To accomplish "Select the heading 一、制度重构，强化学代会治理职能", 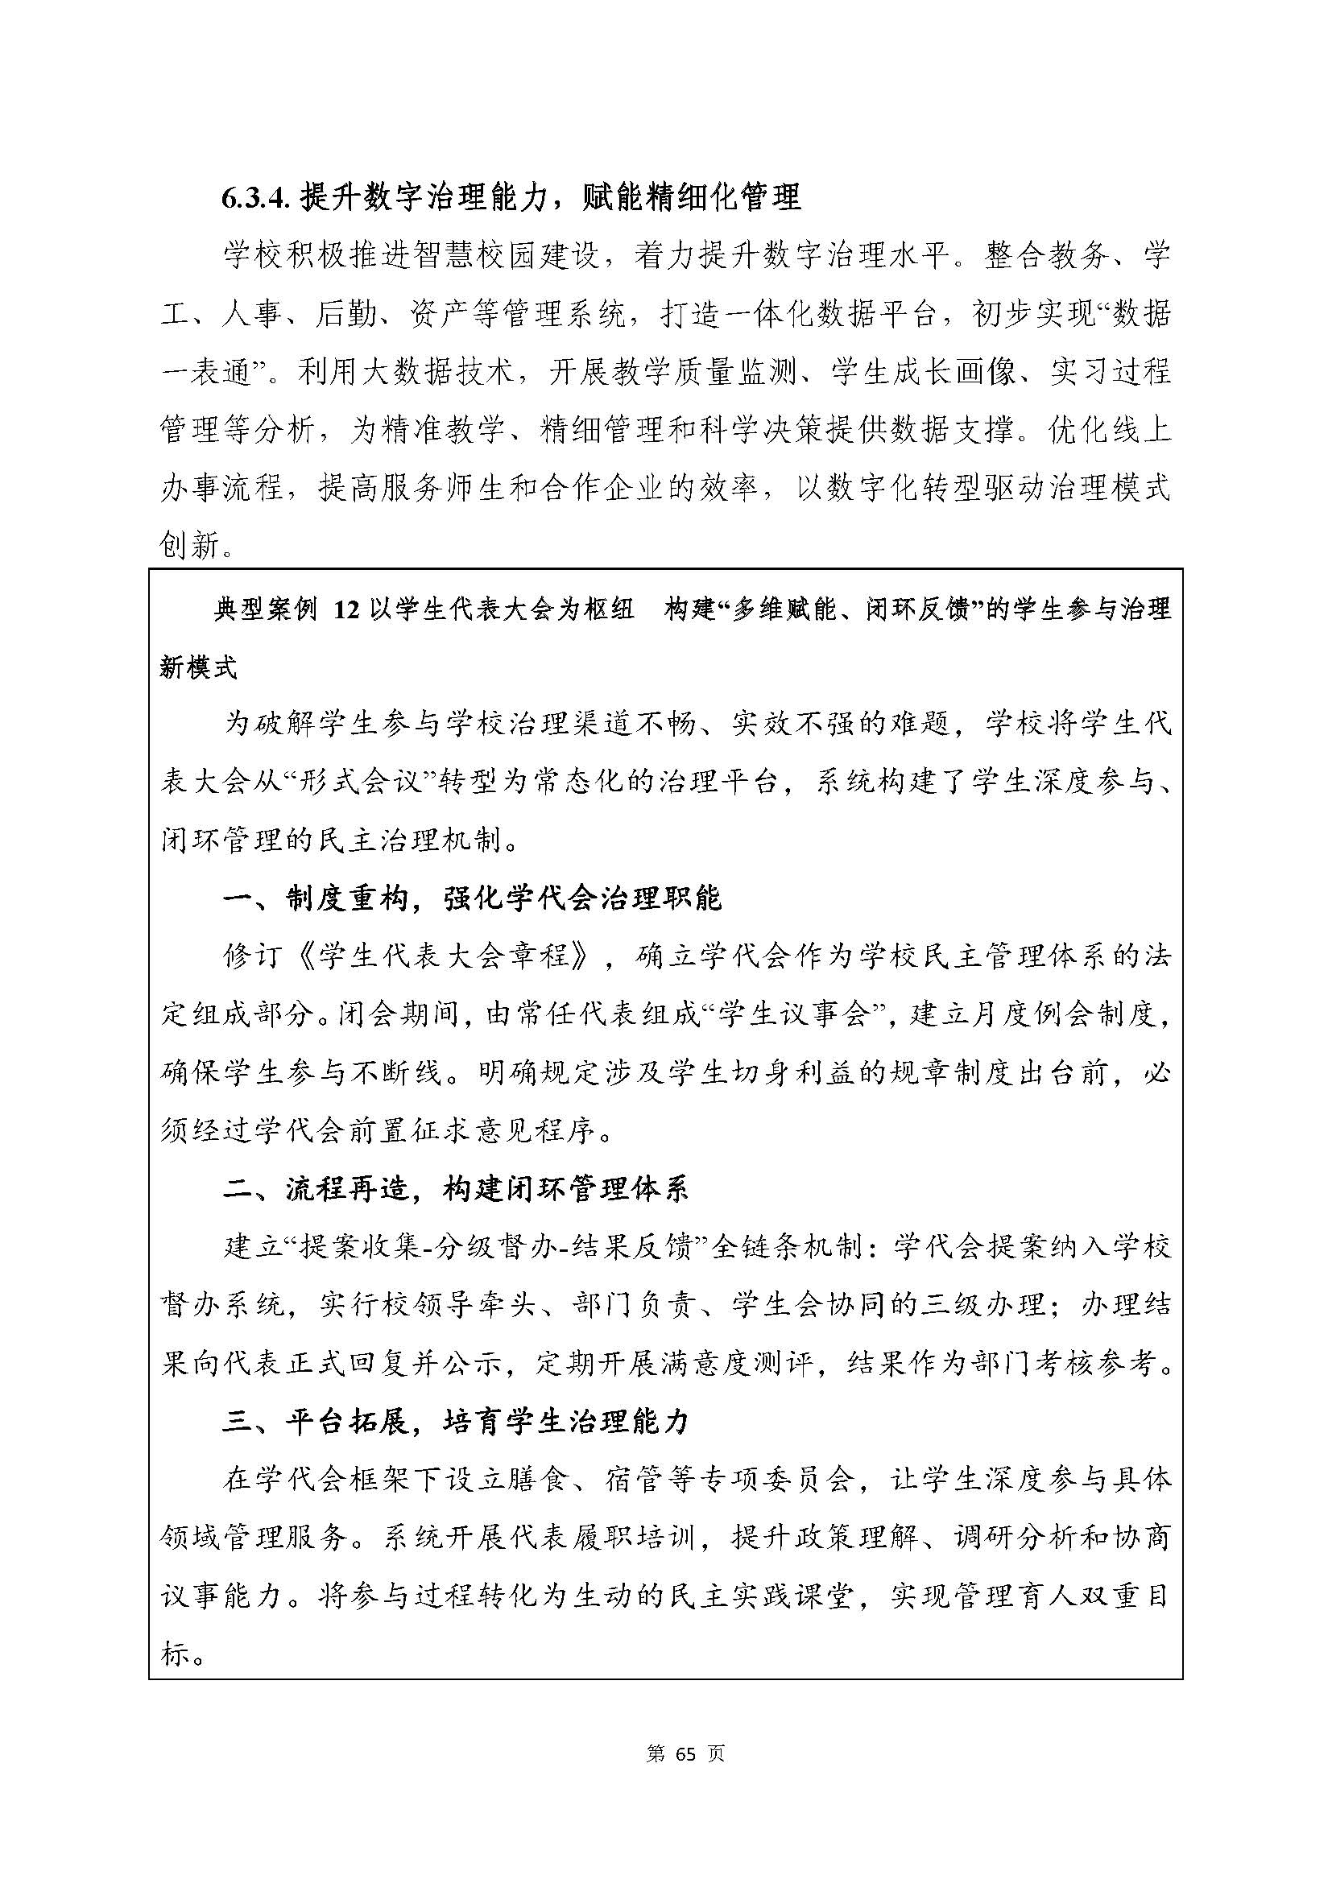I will pyautogui.click(x=472, y=898).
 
